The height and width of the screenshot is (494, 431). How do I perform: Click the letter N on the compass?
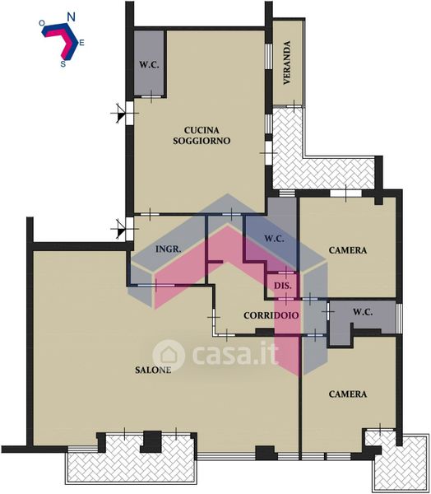(72, 17)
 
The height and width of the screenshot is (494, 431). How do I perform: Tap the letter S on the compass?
(63, 64)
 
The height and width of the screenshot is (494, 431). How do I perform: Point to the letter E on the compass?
(81, 43)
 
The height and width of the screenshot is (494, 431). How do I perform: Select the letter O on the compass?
(42, 23)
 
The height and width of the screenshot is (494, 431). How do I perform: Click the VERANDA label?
(286, 63)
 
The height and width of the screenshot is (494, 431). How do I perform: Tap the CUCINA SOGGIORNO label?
(202, 135)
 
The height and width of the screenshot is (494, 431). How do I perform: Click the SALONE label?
(153, 370)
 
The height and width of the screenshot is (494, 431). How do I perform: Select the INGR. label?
(169, 249)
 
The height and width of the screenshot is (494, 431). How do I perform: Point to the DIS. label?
(283, 286)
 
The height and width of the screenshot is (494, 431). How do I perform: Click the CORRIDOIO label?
(271, 315)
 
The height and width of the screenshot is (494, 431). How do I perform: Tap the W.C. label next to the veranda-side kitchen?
(149, 65)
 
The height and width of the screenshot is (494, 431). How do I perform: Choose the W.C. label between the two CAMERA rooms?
(363, 312)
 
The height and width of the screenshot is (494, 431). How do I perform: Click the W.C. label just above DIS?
(274, 239)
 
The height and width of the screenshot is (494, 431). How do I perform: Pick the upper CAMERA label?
(348, 250)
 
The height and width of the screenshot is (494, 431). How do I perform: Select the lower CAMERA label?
(348, 394)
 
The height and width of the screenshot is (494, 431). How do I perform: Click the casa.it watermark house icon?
(169, 355)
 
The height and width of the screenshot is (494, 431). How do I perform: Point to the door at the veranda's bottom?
(294, 106)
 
